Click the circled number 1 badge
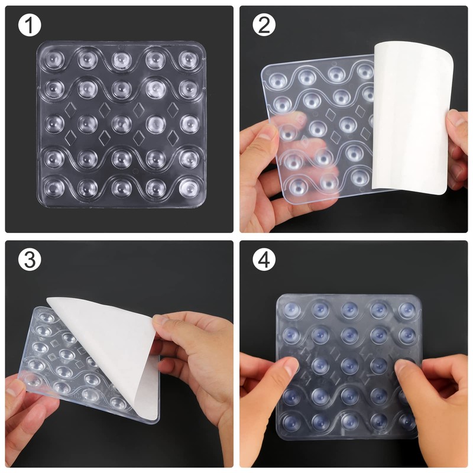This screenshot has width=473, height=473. point(29,26)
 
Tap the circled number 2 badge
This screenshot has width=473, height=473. point(264,26)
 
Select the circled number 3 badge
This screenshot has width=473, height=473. point(29,260)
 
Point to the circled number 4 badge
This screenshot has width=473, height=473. point(264,260)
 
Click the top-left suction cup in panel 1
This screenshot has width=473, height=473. point(54,58)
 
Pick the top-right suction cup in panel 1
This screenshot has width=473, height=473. point(189,58)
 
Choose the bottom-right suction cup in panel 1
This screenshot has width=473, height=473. point(189,186)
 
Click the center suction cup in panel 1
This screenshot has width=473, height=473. point(122,123)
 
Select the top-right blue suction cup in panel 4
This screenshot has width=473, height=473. point(406,310)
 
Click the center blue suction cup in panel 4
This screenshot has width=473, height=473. point(349,363)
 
